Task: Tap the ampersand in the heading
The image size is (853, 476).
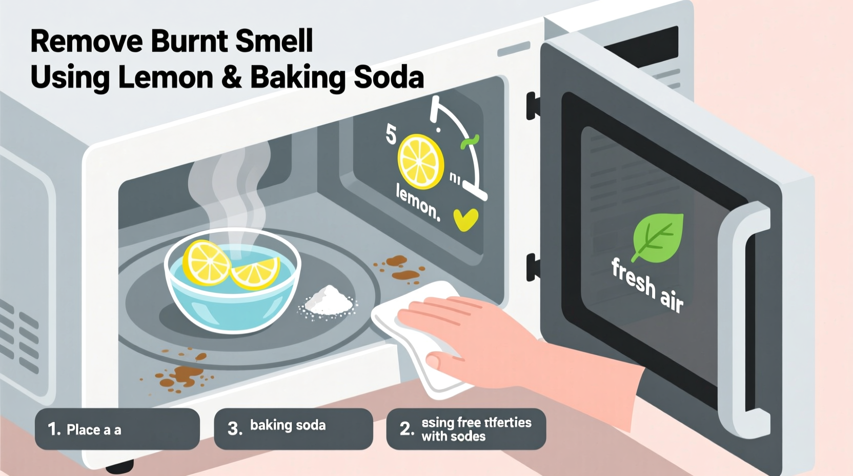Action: [x=232, y=78]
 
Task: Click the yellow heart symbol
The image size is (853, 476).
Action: [x=465, y=220]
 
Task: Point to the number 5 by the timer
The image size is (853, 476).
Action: [x=391, y=135]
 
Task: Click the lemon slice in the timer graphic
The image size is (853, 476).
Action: [x=421, y=162]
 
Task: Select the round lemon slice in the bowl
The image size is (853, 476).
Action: [x=207, y=262]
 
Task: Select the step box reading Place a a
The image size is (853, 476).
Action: [x=117, y=429]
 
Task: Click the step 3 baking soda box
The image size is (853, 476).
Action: [x=293, y=428]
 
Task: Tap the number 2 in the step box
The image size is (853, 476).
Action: [x=406, y=429]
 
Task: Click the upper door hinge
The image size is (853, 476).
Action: [x=532, y=106]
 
